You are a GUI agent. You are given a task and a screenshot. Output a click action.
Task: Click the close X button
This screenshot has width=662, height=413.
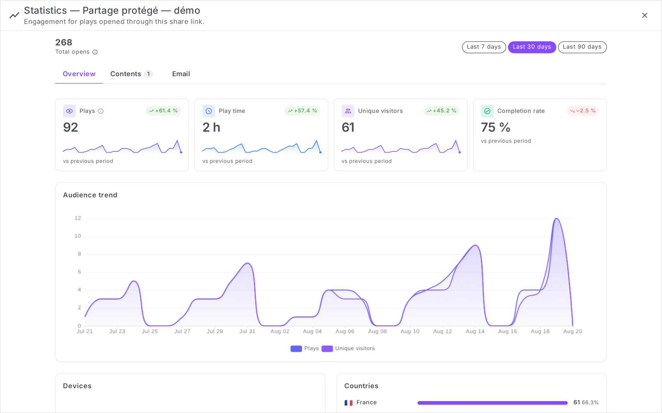(645, 15)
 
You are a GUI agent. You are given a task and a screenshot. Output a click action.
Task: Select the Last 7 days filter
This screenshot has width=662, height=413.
(484, 47)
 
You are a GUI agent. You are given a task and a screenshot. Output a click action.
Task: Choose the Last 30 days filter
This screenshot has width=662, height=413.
(532, 47)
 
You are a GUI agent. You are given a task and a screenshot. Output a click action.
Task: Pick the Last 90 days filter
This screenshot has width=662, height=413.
(582, 47)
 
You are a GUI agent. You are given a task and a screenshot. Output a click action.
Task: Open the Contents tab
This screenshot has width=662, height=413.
(131, 74)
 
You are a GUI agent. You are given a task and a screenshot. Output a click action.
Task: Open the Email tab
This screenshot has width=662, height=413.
(181, 74)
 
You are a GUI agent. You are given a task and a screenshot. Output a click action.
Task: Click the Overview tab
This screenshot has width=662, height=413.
(79, 74)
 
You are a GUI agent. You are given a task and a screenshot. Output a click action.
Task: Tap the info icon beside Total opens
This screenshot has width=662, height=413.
(95, 52)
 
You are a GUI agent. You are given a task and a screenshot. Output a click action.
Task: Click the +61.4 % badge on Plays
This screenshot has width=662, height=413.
(163, 111)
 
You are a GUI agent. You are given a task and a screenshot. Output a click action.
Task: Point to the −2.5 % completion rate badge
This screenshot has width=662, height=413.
(583, 111)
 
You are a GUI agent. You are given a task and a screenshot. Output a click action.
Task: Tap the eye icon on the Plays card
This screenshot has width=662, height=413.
(69, 111)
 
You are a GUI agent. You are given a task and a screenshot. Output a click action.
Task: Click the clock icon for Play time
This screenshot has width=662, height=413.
(209, 111)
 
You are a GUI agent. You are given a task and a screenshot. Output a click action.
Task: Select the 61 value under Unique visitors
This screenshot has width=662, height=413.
(348, 128)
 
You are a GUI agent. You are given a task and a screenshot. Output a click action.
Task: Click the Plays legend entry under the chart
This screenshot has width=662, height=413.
(305, 349)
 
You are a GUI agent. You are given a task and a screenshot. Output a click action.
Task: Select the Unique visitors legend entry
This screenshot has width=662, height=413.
(348, 349)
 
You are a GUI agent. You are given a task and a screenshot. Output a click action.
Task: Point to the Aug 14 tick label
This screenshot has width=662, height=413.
(475, 331)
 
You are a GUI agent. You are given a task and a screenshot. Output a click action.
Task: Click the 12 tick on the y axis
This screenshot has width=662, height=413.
(78, 218)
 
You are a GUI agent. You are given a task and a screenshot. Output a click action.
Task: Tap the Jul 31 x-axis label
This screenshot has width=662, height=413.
(247, 331)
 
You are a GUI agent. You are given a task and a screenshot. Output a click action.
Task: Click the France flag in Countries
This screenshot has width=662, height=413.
(348, 403)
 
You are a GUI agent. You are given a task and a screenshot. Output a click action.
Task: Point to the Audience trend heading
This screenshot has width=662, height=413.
(90, 195)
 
